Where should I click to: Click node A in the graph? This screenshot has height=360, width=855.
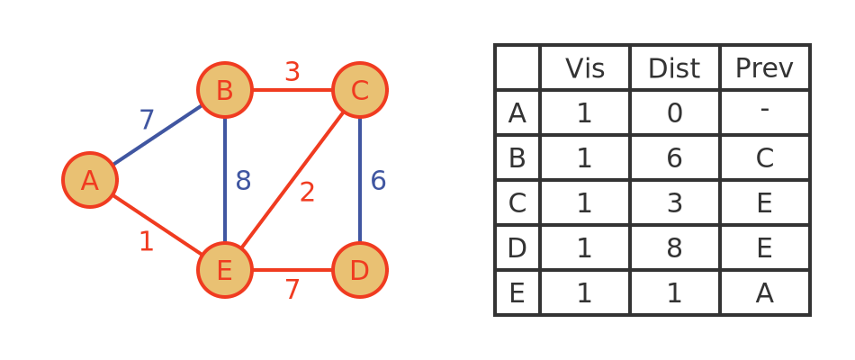pyautogui.click(x=90, y=180)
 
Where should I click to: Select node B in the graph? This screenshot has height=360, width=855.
pyautogui.click(x=225, y=90)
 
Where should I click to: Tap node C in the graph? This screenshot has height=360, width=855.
pyautogui.click(x=360, y=90)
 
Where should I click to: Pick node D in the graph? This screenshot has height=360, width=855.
pyautogui.click(x=360, y=270)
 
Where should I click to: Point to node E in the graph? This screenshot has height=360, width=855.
pyautogui.click(x=225, y=270)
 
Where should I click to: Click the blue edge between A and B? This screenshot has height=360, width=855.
pyautogui.click(x=157, y=135)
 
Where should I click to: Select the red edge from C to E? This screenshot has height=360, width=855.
pyautogui.click(x=292, y=180)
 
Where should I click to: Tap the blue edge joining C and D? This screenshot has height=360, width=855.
pyautogui.click(x=360, y=180)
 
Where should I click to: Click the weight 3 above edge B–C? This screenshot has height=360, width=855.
pyautogui.click(x=292, y=72)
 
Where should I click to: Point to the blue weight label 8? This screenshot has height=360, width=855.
pyautogui.click(x=243, y=181)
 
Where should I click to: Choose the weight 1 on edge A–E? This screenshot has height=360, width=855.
pyautogui.click(x=146, y=241)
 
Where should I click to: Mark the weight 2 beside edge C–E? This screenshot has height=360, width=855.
pyautogui.click(x=307, y=193)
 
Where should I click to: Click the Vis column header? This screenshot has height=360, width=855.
pyautogui.click(x=584, y=68)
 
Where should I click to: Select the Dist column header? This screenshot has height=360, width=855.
pyautogui.click(x=674, y=68)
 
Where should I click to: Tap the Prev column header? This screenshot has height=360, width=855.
pyautogui.click(x=764, y=68)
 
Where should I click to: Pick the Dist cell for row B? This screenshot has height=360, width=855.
pyautogui.click(x=674, y=157)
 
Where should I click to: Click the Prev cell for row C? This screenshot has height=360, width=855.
pyautogui.click(x=764, y=202)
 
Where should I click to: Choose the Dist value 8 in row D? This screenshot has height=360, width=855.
pyautogui.click(x=674, y=248)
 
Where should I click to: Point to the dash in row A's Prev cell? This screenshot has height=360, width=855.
pyautogui.click(x=764, y=110)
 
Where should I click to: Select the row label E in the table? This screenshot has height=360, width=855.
pyautogui.click(x=517, y=293)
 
